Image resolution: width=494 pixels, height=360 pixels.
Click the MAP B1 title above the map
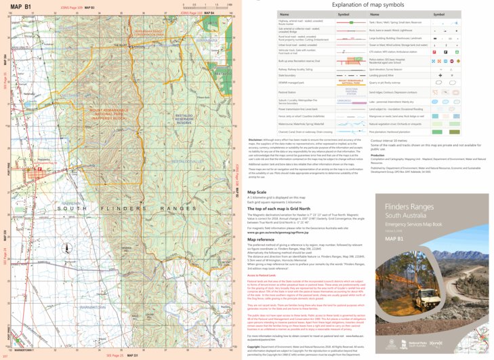20,6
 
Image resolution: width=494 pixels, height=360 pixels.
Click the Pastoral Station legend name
268,92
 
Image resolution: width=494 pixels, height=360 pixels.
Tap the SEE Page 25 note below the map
115,355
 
